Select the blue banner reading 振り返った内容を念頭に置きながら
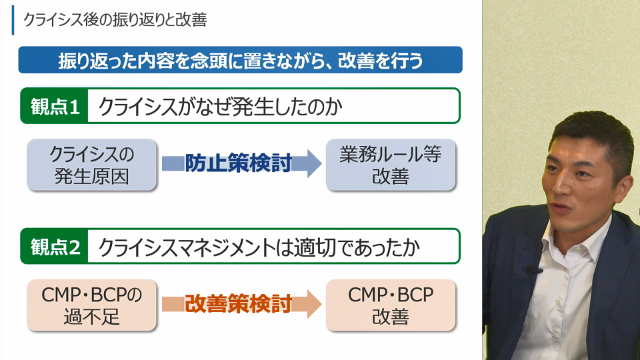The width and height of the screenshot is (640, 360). pyautogui.click(x=240, y=61)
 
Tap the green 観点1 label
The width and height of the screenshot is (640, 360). pyautogui.click(x=55, y=107)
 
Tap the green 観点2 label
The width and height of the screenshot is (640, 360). pyautogui.click(x=55, y=247)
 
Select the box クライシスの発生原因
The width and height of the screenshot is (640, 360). pyautogui.click(x=92, y=165)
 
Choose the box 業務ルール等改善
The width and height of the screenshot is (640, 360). pyautogui.click(x=390, y=165)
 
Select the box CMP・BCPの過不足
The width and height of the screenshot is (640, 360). pyautogui.click(x=92, y=305)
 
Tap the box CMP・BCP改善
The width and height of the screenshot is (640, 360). pyautogui.click(x=390, y=305)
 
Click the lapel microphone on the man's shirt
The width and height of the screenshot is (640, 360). pyautogui.click(x=531, y=270)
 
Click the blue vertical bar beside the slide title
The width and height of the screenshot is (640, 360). pyautogui.click(x=13, y=20)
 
